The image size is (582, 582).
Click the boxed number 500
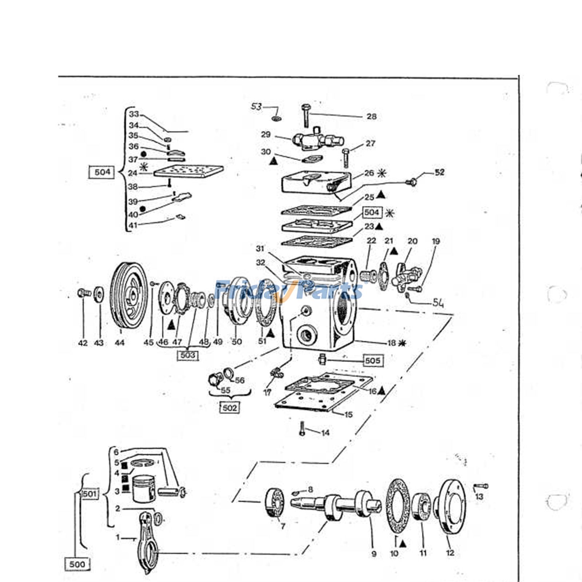point(77,564)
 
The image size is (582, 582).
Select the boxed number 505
point(372,360)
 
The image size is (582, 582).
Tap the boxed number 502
point(230,408)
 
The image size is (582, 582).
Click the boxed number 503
point(188,355)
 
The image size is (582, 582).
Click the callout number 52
point(439,172)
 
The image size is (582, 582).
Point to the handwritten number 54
point(438,303)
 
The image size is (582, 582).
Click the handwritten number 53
point(257,107)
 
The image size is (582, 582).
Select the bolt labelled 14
point(302,428)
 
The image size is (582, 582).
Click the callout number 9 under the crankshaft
point(374,554)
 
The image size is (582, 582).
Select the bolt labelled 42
point(83,292)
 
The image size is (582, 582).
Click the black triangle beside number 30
point(274,160)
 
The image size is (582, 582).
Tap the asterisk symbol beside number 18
point(402,343)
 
